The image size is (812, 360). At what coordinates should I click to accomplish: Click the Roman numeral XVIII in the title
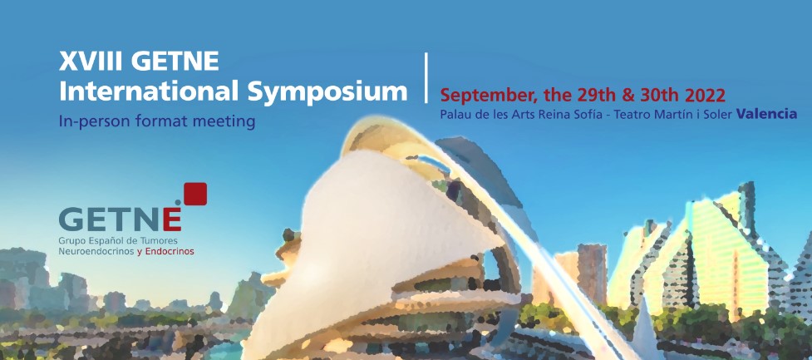pos(91,62)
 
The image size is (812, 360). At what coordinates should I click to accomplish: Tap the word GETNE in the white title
pos(175,62)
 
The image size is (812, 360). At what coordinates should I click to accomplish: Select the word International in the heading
pos(149,91)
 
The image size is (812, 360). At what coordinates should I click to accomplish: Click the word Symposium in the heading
pos(327,93)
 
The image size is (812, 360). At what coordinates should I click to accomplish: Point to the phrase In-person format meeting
pos(157,121)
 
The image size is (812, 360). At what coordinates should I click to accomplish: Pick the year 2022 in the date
pos(705,96)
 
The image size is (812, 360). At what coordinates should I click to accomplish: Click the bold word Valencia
pos(767,115)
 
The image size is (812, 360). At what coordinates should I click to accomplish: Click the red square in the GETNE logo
pos(195,194)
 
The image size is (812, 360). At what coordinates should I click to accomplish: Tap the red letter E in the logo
pos(172,219)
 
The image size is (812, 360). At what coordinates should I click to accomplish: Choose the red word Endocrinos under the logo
pos(170,252)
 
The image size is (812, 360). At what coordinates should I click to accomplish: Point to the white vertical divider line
pos(426,77)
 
